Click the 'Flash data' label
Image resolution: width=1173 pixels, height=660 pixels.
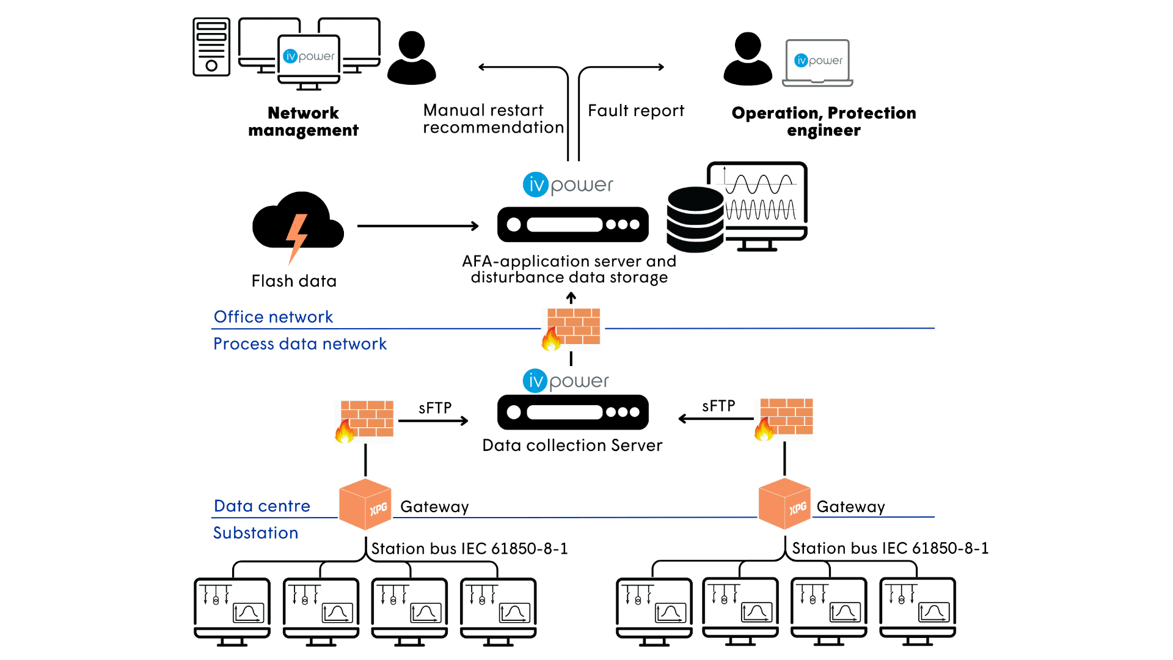pos(294,281)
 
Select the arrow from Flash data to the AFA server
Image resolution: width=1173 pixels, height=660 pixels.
pos(418,226)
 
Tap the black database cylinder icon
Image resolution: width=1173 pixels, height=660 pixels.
pos(695,219)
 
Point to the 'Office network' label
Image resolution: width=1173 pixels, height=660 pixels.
pos(273,317)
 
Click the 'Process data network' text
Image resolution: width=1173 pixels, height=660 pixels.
pos(300,343)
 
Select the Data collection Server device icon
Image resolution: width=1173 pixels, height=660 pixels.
pos(573,412)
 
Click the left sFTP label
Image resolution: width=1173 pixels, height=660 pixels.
pos(435,408)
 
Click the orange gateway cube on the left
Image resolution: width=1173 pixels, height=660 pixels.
pos(365,504)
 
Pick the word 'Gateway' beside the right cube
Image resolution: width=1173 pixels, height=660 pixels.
pos(850,507)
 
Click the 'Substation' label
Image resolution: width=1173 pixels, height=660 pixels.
pos(255,533)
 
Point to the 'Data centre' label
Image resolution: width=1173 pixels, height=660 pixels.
pos(262,506)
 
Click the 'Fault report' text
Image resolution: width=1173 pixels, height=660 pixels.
pos(636,111)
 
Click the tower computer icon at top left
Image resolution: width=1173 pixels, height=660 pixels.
pos(211,46)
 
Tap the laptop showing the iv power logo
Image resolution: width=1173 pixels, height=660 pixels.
pos(818,63)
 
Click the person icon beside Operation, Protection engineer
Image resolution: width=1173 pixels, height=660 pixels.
pos(748,59)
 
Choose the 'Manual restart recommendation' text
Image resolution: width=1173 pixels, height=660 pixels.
pos(494,119)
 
